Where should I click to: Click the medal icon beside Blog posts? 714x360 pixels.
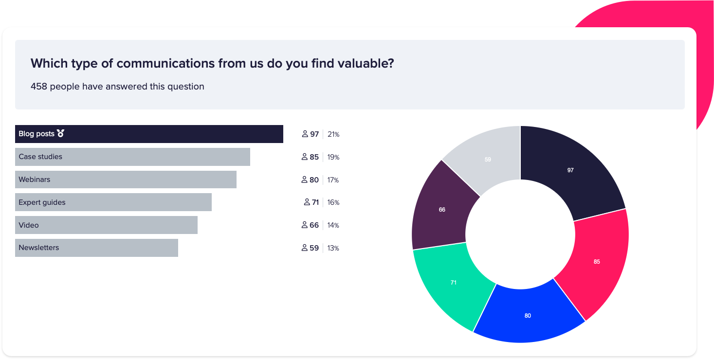pos(60,134)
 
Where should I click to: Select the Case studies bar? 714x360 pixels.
pos(132,157)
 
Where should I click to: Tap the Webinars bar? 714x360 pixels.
pos(126,180)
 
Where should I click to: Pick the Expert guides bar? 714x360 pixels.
pos(113,202)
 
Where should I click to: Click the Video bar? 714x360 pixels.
pos(106,225)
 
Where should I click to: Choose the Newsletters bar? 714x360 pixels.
pos(96,248)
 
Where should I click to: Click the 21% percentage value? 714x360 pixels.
pos(333,134)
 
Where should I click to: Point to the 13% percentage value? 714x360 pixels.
pos(333,248)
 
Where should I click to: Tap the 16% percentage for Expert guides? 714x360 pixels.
pos(333,202)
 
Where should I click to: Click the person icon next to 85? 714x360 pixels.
pos(305,157)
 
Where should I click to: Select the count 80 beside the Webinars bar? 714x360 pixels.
pos(314,180)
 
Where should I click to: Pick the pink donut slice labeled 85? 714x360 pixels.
pos(597,261)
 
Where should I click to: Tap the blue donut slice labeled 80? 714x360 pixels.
pos(528,316)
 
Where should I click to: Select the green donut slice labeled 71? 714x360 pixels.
pos(453,282)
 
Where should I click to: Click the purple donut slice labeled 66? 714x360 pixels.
pos(442,210)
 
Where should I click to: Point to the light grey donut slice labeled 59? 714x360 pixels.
pos(488,160)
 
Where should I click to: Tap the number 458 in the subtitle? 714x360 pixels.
pos(39,87)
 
